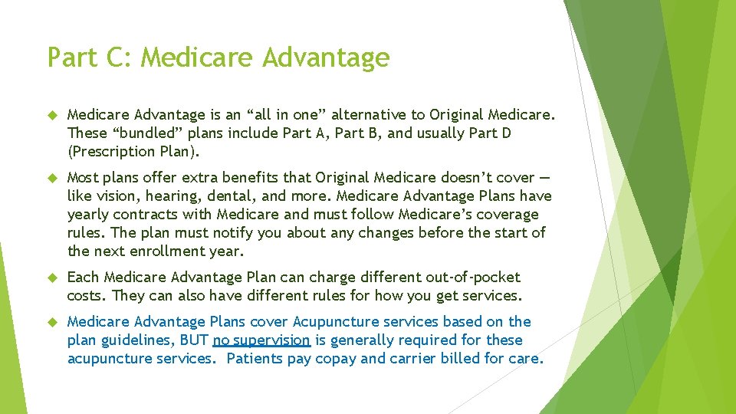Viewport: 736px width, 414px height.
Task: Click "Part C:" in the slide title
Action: pos(90,58)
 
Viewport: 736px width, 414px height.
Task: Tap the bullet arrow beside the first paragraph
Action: pos(52,115)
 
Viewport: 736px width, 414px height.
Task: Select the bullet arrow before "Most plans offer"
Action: pos(52,178)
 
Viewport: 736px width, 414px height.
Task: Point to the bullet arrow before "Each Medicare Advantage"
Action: pos(52,278)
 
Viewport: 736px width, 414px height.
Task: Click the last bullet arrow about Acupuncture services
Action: pos(52,322)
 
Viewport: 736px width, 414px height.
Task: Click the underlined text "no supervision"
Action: pos(261,340)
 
